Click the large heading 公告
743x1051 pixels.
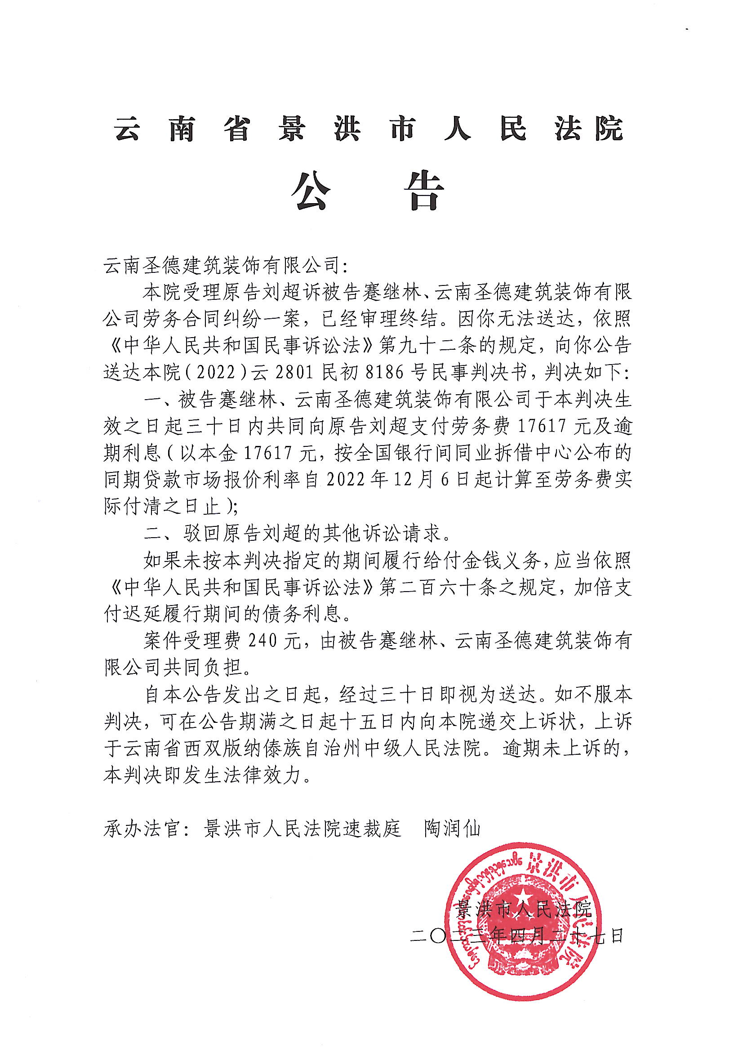(368, 191)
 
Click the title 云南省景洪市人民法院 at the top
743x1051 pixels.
(369, 129)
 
